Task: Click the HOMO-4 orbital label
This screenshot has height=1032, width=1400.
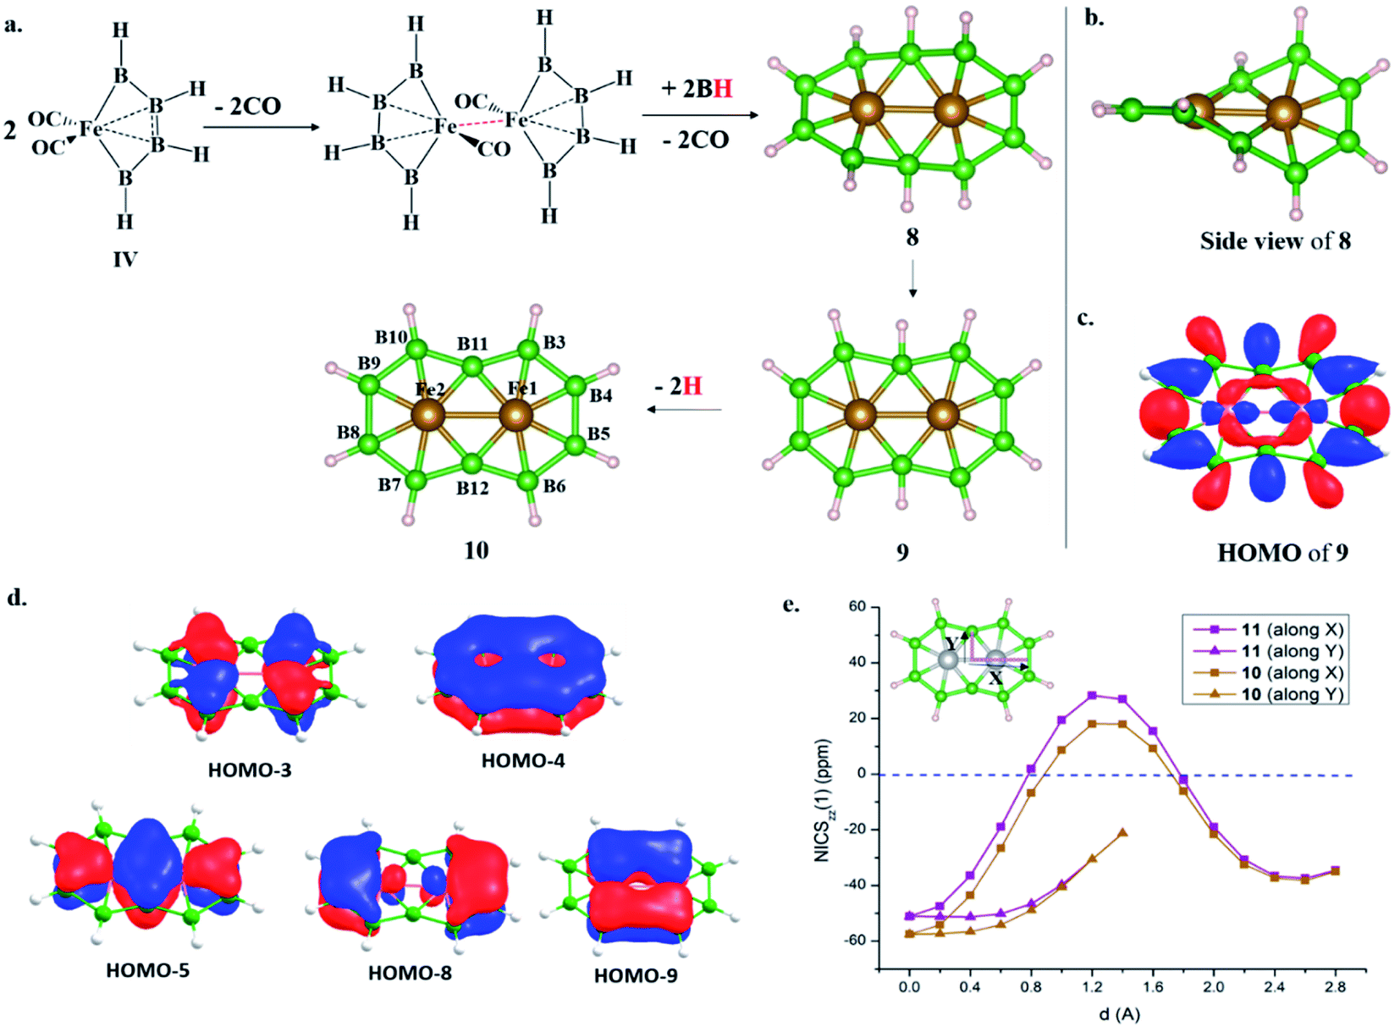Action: (x=523, y=760)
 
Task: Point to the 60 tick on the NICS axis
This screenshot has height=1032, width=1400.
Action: (x=857, y=606)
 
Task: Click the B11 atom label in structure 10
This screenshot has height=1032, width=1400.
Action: (x=472, y=344)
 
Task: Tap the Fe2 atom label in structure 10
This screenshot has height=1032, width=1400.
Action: (x=430, y=389)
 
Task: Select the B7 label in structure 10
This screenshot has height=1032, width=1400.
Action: (x=389, y=484)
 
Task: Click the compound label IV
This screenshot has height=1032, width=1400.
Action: (x=125, y=259)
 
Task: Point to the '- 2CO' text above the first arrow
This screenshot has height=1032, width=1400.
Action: (x=247, y=106)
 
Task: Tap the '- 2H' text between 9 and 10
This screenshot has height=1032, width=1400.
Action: (x=679, y=386)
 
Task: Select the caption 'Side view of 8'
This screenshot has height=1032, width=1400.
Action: (x=1275, y=241)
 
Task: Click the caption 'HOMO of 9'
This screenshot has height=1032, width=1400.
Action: (x=1282, y=553)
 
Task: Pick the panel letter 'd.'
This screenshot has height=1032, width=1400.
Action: (x=18, y=599)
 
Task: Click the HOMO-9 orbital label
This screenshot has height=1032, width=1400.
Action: (x=636, y=976)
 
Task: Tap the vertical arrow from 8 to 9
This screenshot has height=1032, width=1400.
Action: (x=913, y=279)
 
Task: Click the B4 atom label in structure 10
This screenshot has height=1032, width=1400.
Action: (x=601, y=395)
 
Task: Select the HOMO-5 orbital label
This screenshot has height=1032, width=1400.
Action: (x=147, y=970)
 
